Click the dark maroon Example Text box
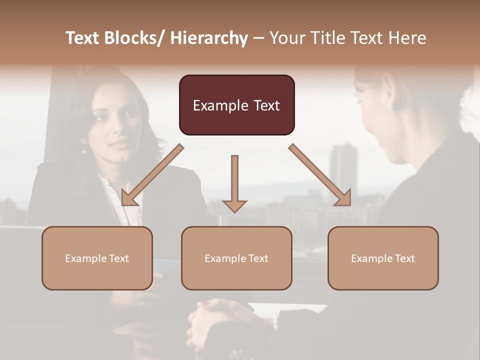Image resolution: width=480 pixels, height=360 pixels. [x=236, y=105]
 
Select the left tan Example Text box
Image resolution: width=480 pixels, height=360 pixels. [x=97, y=258]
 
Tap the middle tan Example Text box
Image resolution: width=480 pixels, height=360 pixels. [x=236, y=258]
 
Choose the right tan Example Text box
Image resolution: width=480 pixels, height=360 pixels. [x=383, y=258]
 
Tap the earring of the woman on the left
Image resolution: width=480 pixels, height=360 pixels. [x=84, y=149]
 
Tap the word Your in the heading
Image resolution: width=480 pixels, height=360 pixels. [x=287, y=38]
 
